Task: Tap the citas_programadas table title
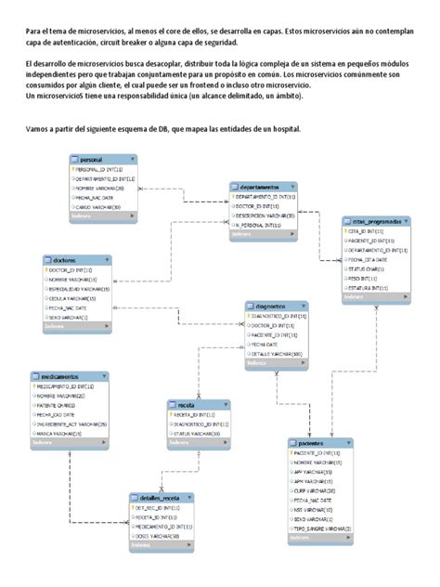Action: pyautogui.click(x=377, y=222)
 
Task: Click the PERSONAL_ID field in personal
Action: pyautogui.click(x=97, y=170)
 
